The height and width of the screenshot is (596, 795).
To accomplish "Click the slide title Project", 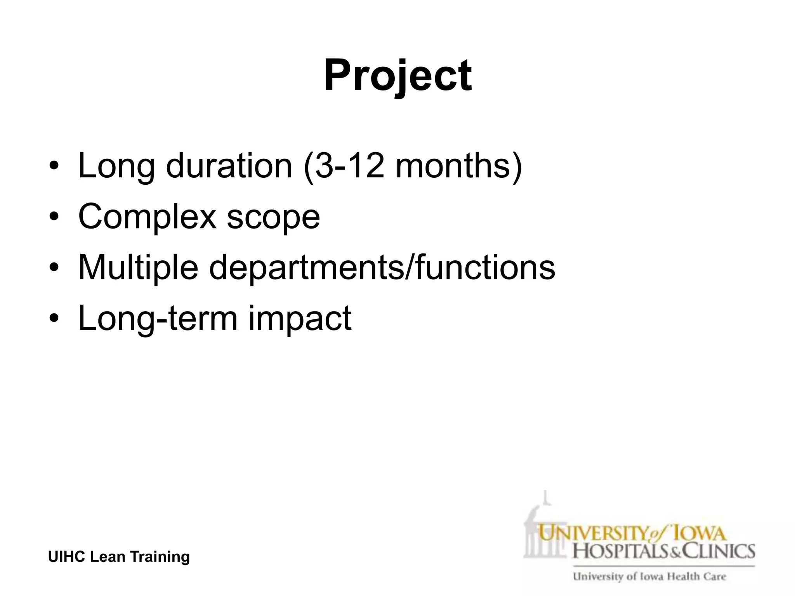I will pos(397,76).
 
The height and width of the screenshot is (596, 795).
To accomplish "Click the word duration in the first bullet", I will pos(229,166).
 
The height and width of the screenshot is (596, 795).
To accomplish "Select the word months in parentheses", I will pos(453,166).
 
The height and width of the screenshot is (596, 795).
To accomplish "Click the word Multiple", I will pos(138,268).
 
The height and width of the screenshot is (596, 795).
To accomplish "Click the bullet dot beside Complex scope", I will pos(54,218).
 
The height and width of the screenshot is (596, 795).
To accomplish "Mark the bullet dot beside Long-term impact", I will pos(54,319).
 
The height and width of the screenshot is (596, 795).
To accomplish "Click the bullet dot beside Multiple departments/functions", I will pos(54,269).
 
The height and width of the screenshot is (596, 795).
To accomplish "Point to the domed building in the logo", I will pos(543,528).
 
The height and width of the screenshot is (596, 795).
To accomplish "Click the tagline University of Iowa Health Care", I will pos(649,577).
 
